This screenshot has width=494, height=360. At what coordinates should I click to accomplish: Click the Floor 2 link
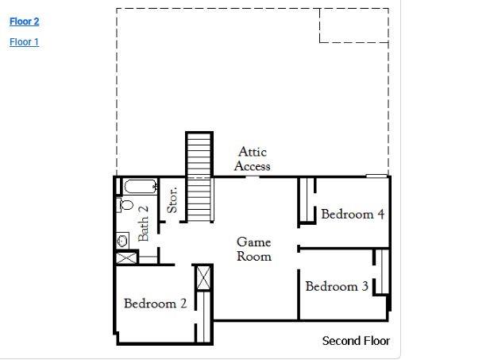click(24, 21)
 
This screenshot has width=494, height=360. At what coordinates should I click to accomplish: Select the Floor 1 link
click(24, 42)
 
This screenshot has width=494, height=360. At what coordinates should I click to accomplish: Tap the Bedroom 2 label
click(156, 304)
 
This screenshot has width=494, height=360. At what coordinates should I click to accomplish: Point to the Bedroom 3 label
click(337, 286)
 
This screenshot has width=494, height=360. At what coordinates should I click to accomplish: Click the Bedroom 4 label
click(353, 214)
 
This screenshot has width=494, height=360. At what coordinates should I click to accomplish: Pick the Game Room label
click(253, 249)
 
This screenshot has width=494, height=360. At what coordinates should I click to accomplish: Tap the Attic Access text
click(253, 158)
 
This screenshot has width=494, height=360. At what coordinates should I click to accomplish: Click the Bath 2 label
click(144, 223)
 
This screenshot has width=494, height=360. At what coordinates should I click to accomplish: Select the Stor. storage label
click(172, 199)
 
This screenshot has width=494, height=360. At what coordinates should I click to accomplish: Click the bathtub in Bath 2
click(141, 188)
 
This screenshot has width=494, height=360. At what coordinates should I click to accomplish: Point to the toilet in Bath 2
click(125, 205)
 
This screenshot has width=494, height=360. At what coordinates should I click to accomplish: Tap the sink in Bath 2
click(123, 239)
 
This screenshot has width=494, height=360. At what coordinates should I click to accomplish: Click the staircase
click(199, 176)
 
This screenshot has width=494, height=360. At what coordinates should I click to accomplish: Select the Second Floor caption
click(356, 341)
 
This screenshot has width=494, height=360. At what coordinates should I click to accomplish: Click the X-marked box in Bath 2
click(125, 257)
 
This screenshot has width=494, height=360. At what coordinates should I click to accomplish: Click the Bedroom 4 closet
click(305, 201)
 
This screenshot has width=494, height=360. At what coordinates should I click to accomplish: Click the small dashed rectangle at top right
click(353, 25)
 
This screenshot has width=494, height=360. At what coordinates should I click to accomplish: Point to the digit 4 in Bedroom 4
click(380, 214)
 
